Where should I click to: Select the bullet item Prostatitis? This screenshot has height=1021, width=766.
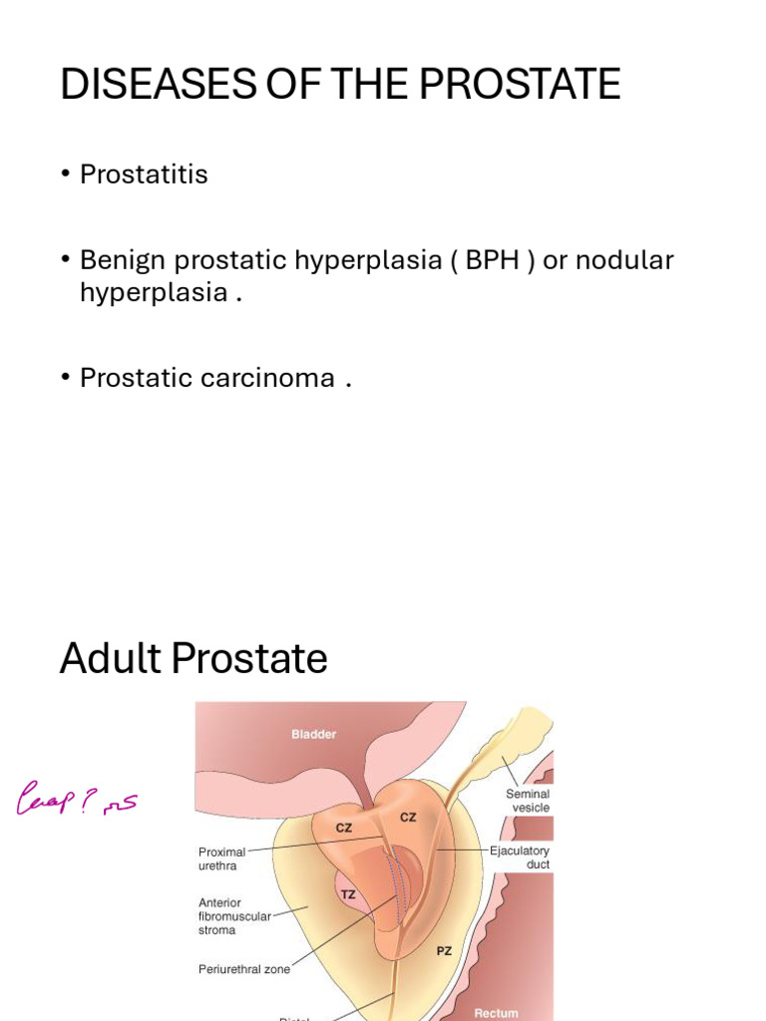144,174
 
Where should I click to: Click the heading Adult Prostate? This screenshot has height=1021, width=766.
193,658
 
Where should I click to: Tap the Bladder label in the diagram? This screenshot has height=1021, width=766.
313,734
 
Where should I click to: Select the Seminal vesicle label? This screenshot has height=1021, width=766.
528,801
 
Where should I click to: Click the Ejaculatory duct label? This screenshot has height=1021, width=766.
519,857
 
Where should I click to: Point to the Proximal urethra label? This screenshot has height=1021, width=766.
221,858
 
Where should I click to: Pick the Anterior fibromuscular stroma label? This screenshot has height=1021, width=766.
234,916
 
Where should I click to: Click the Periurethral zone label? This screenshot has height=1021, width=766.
244,968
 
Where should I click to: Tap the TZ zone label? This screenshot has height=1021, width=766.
348,894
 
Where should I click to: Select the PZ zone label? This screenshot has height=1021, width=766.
444,950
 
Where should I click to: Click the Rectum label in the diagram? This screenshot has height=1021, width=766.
496,1012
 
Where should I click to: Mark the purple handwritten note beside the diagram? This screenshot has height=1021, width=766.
76,800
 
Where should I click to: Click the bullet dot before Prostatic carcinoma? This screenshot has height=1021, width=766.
66,379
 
